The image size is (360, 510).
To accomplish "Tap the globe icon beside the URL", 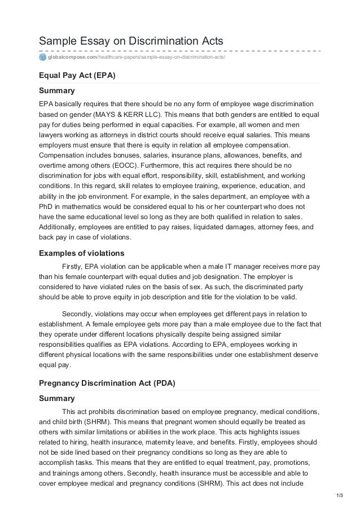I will coord(42,57).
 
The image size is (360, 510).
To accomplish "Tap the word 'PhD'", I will coord(46,208).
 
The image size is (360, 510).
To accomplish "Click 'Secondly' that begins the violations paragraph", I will coord(78,313).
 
